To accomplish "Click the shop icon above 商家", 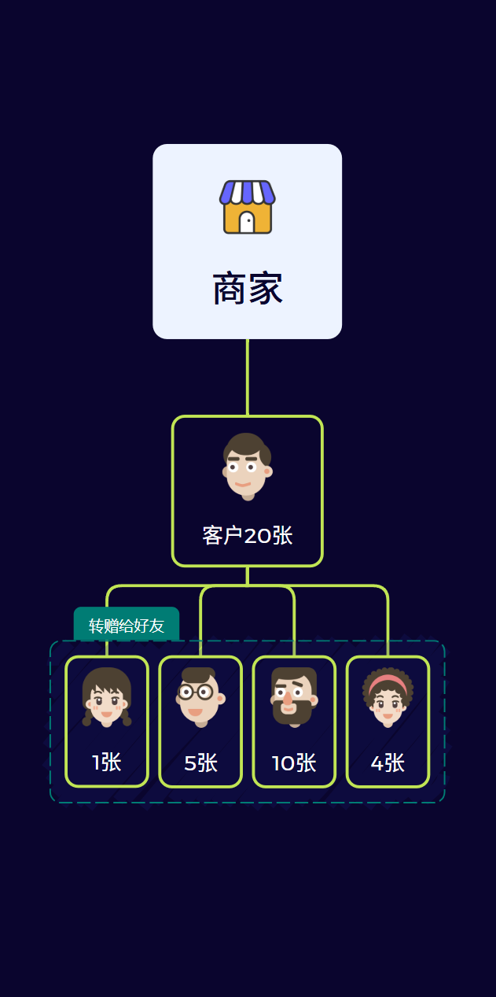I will (248, 207).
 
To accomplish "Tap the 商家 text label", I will (248, 289).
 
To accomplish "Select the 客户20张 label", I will (248, 536).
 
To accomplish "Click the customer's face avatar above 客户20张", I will (247, 465).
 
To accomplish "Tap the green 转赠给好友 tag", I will (127, 626).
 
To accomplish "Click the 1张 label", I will (107, 763).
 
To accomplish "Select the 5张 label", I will (200, 763).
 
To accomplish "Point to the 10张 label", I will (294, 763).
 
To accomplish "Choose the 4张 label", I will (388, 763).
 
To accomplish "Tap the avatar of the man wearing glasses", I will (200, 696).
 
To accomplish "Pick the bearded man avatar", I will (293, 696).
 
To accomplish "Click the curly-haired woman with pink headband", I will (388, 696).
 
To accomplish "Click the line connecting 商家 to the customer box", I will (248, 377).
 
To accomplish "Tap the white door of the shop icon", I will (247, 223).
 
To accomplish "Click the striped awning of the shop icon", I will (248, 192).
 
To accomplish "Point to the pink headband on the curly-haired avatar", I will (388, 681).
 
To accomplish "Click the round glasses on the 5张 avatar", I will (197, 692).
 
